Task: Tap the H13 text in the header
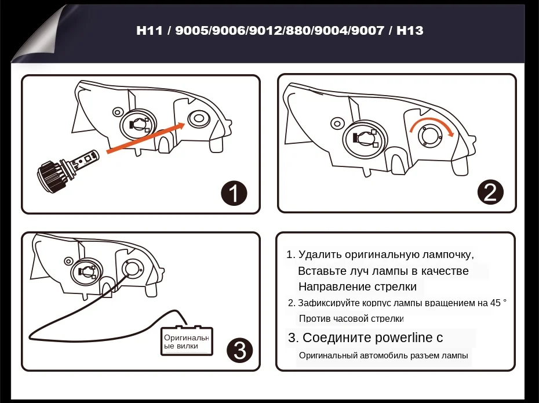click(x=410, y=30)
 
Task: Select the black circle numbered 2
click(x=490, y=192)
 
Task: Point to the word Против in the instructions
click(x=314, y=319)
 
